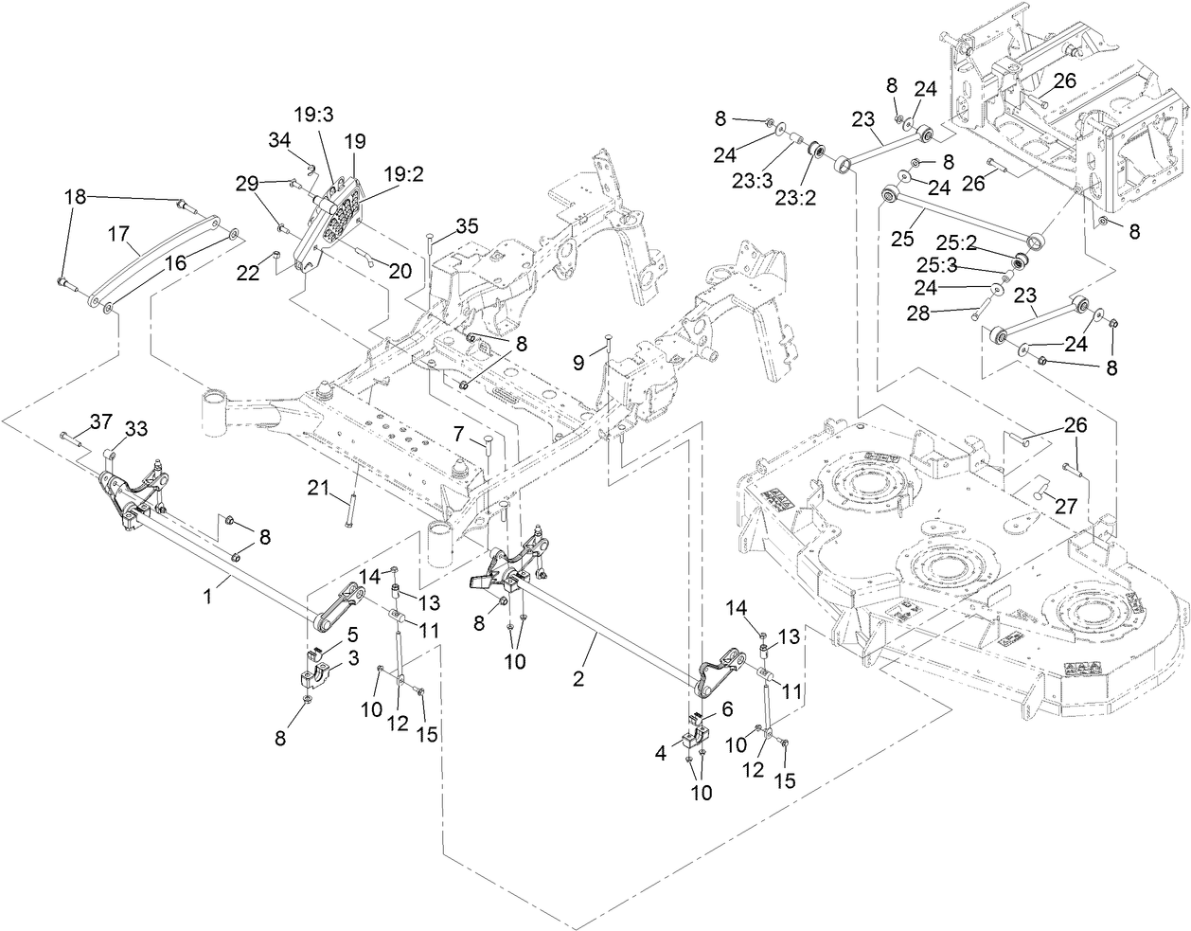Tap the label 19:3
[x=313, y=115]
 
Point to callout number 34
[x=279, y=140]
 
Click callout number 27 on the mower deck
[x=1066, y=507]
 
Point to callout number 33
[x=136, y=429]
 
